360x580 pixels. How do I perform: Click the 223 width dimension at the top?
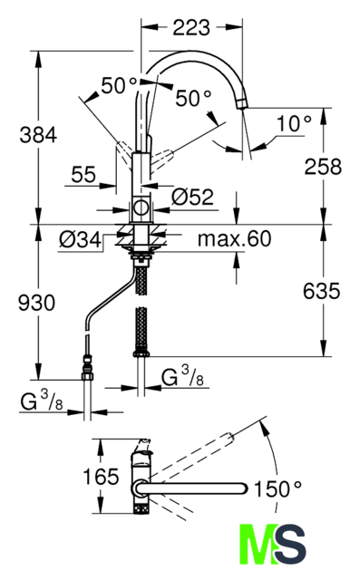tap(191, 27)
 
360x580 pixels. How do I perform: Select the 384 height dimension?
tap(38, 135)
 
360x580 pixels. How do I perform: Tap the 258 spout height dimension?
tap(323, 167)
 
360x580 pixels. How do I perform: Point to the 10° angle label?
tap(294, 123)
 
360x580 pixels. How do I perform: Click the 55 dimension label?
tap(83, 174)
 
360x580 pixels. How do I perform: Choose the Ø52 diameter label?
tap(192, 197)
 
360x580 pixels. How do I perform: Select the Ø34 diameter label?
tap(80, 240)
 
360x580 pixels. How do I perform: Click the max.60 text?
tap(234, 238)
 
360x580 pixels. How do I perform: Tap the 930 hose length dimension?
tap(36, 303)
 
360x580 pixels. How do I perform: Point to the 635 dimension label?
tap(321, 291)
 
